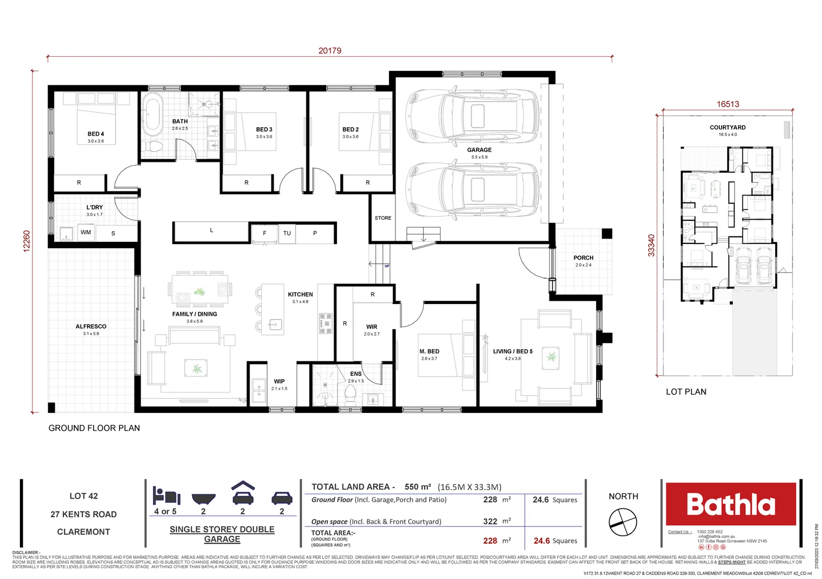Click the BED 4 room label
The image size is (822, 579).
pos(96,134)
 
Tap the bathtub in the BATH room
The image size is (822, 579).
pos(153,113)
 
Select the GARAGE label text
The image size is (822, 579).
pos(479,150)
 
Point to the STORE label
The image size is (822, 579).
pos(383,218)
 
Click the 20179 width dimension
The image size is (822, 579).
pos(329,51)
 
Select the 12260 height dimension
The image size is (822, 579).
pos(27,241)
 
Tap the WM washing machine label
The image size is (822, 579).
pos(86,233)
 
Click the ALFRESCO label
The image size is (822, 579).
pos(91,326)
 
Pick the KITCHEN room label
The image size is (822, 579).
pos(300,294)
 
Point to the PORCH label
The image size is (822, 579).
pos(583,258)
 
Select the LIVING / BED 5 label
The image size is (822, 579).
pos(512,352)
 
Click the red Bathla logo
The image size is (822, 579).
pos(731,504)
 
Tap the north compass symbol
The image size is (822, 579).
pos(622,522)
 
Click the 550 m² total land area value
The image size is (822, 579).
pos(417,487)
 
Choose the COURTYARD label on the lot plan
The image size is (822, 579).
pos(727,128)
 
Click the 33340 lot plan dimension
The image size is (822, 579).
pos(651,246)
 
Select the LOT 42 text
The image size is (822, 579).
pos(84,496)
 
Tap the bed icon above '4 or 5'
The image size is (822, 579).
pos(166,495)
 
